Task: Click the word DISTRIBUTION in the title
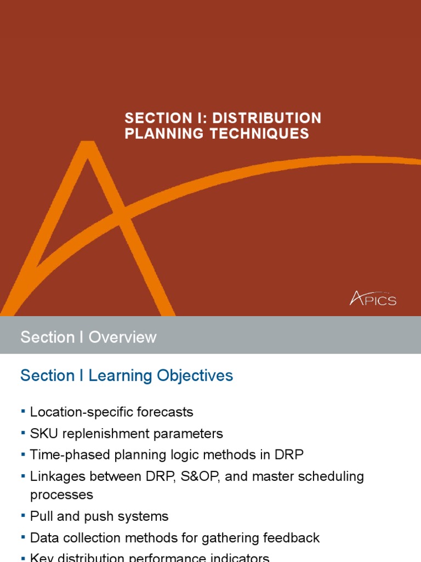click(266, 118)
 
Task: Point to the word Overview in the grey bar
click(123, 337)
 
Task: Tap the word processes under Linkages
click(61, 494)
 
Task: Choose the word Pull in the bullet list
click(39, 516)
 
